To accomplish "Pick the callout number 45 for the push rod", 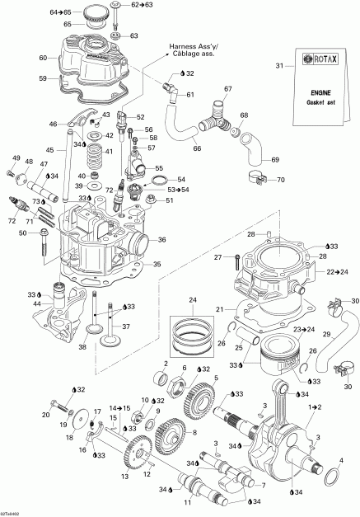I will tap(49, 150).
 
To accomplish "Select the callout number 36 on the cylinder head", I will tap(161, 240).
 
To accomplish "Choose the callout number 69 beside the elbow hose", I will tap(275, 159).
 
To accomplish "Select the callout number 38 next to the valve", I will tap(82, 346).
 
